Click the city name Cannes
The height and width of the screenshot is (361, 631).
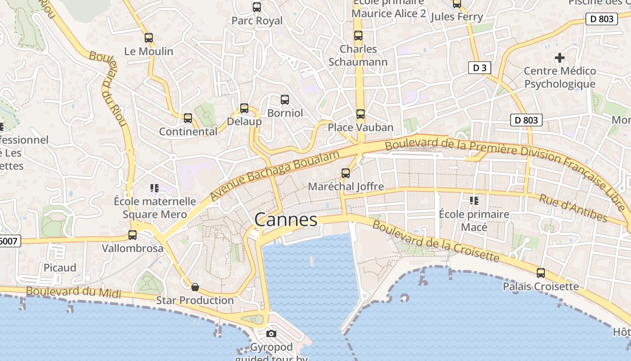point(286,220)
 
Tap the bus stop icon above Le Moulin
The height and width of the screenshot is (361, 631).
point(149,38)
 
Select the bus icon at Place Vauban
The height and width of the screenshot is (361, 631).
point(360,114)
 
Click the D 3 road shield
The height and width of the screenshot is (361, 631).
point(479,68)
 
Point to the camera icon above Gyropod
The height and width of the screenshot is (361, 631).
point(271,334)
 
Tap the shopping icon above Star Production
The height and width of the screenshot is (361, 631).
point(195,287)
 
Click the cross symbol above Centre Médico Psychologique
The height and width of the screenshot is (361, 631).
point(560,58)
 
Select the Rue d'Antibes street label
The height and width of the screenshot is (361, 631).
point(573,208)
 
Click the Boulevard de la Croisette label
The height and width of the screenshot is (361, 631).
point(436,242)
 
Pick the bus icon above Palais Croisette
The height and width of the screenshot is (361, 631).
point(540,273)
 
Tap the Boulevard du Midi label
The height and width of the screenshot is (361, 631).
point(73,292)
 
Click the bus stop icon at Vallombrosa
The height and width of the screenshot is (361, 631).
point(133,235)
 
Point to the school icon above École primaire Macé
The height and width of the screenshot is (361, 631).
point(474,200)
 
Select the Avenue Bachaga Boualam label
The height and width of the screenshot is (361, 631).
point(274,176)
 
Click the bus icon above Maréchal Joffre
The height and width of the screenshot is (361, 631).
point(346,173)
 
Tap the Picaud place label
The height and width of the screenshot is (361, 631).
point(60,268)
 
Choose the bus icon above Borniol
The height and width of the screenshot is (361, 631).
point(285,100)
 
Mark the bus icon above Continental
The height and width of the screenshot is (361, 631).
point(188,119)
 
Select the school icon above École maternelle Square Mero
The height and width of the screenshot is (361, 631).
point(155,188)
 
